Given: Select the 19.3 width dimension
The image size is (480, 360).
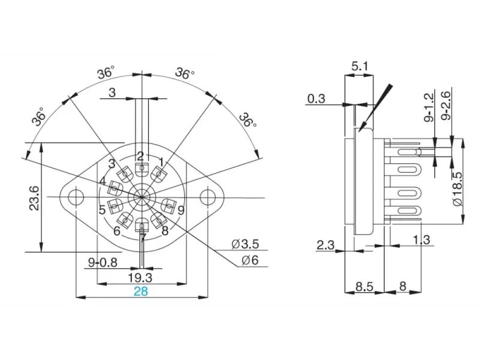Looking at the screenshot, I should point(140,278).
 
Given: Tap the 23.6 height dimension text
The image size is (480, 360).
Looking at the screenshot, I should point(34,197).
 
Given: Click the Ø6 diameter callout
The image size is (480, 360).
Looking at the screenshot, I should point(250,260).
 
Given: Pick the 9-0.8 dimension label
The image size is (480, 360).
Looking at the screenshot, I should point(103,262).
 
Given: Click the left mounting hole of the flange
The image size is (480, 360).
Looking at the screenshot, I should point(76,196).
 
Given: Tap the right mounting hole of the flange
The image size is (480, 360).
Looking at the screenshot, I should point(207,196).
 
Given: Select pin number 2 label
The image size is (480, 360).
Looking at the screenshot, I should point(141,156).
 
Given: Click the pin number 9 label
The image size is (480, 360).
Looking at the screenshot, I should point(181,210).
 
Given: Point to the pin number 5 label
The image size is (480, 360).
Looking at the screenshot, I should point(103,210).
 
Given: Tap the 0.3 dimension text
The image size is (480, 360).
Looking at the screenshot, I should point(317,98).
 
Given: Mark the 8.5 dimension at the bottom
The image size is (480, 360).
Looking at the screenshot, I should point(364,287).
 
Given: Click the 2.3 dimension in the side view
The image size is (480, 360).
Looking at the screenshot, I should point(326,245).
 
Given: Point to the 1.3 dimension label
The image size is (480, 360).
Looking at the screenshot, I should point(422,240).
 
